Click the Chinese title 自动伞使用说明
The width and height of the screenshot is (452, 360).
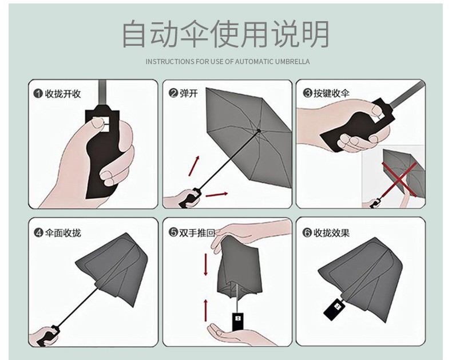(x=225, y=34)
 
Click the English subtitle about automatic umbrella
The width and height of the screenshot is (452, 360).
(x=228, y=62)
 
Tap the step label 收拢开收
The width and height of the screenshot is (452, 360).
(x=63, y=94)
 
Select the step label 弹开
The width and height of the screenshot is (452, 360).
(x=189, y=93)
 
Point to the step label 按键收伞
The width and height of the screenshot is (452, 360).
(x=331, y=93)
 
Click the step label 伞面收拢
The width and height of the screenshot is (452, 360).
(x=63, y=232)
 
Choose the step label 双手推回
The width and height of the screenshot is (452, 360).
(x=197, y=232)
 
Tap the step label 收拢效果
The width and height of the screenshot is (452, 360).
(x=331, y=232)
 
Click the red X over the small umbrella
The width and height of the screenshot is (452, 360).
(x=399, y=179)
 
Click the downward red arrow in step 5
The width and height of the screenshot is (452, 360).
(x=206, y=264)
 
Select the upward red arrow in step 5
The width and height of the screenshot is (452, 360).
(x=206, y=310)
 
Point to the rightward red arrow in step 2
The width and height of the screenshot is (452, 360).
(x=217, y=195)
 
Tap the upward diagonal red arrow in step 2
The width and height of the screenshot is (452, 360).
(x=194, y=166)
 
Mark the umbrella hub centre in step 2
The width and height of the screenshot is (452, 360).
(x=259, y=131)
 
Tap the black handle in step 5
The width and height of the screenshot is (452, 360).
(x=237, y=322)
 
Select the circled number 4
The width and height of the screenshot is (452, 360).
(x=39, y=232)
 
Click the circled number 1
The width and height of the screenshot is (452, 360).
(x=38, y=94)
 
